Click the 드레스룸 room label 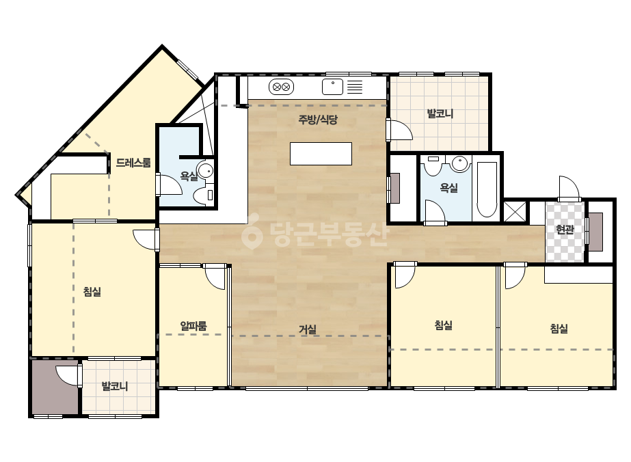click(x=133, y=163)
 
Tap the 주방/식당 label click(x=317, y=120)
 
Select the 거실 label click(x=308, y=329)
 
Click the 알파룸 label click(x=193, y=325)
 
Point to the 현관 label click(x=565, y=230)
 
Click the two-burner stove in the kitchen click(x=281, y=87)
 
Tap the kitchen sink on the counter click(x=332, y=87)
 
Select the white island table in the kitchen click(x=321, y=154)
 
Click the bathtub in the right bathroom click(x=487, y=189)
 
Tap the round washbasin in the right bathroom click(x=459, y=163)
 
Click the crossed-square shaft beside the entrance click(x=515, y=212)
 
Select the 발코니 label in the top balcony click(x=440, y=113)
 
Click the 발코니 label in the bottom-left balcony click(x=115, y=386)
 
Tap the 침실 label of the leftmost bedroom click(x=92, y=291)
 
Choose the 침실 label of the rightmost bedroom click(x=559, y=329)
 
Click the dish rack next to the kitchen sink click(x=355, y=87)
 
